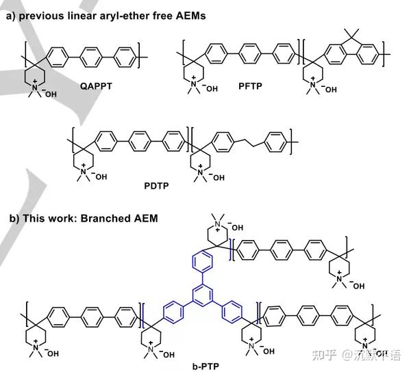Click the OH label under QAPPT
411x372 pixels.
click(x=53, y=94)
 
